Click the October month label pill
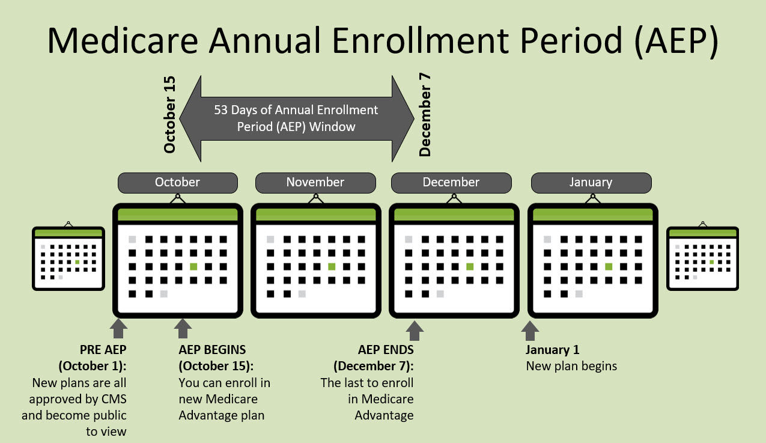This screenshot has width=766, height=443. [x=178, y=183]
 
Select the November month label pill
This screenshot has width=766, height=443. [x=315, y=183]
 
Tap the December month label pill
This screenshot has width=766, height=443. [x=451, y=183]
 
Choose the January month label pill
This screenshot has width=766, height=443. [x=591, y=183]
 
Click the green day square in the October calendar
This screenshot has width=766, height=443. [x=193, y=266]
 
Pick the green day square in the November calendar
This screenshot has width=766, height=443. [x=332, y=266]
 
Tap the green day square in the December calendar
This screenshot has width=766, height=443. [x=470, y=266]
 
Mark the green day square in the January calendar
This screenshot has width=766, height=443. [x=609, y=266]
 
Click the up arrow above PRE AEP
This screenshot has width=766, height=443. [x=119, y=328]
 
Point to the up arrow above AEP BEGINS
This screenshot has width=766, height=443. [x=183, y=328]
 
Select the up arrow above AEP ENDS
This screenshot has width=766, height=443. [x=415, y=331]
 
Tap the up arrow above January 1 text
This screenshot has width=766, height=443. [x=530, y=331]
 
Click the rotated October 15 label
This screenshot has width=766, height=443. [x=169, y=115]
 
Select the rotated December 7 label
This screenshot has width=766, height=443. [x=425, y=115]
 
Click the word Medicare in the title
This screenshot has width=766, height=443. [x=123, y=40]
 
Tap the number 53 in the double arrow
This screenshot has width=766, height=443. [x=220, y=110]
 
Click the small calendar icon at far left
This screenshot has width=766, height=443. [x=68, y=257]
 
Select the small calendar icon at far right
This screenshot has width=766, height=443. [x=703, y=257]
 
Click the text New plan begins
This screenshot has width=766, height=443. [x=571, y=366]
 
